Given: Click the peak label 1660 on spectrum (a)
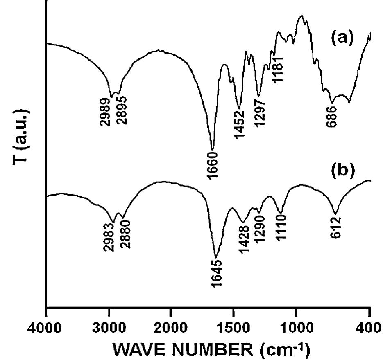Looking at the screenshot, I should point(212,165).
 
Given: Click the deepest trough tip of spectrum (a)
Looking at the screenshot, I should point(212,149).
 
